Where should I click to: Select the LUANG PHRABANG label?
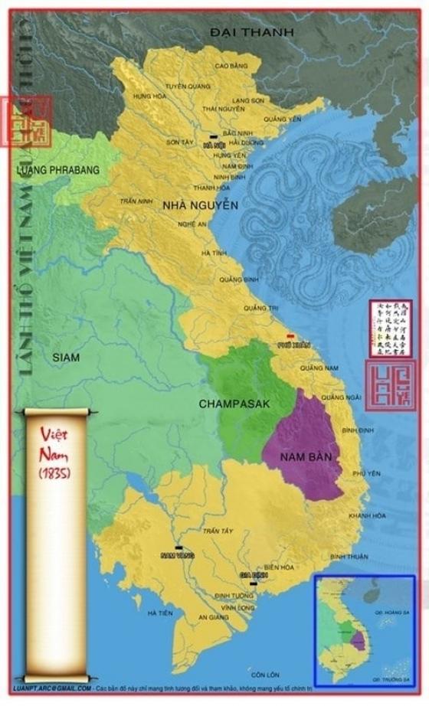(x=58, y=169)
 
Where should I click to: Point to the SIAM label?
(x=66, y=357)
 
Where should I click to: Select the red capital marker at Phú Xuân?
(x=290, y=337)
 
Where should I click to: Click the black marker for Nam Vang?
(x=178, y=547)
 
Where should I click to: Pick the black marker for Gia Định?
(x=253, y=583)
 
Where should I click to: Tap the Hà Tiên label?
(x=160, y=613)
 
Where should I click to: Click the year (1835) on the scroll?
(x=54, y=473)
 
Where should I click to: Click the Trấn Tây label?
(x=217, y=531)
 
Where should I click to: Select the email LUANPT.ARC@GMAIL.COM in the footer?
(x=51, y=688)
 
